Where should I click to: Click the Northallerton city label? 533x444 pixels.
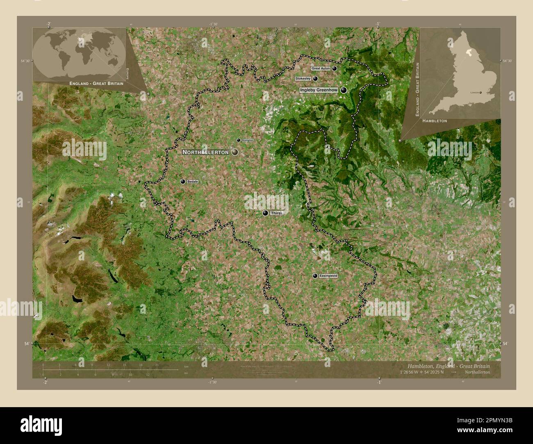pyautogui.click(x=205, y=152)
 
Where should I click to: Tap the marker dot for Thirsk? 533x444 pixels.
pyautogui.click(x=265, y=213)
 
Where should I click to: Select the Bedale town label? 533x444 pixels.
pyautogui.click(x=192, y=181)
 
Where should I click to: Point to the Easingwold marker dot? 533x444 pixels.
pyautogui.click(x=315, y=276)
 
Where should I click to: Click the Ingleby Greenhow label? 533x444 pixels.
pyautogui.click(x=319, y=90)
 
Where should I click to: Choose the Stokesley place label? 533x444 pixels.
pyautogui.click(x=303, y=78)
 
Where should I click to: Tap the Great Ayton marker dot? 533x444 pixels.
pyautogui.click(x=335, y=68)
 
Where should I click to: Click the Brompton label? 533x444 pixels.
pyautogui.click(x=248, y=140)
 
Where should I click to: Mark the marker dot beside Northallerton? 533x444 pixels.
pyautogui.click(x=235, y=152)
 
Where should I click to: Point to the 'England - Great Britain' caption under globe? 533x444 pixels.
pyautogui.click(x=96, y=84)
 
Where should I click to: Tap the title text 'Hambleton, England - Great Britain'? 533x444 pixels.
pyautogui.click(x=448, y=366)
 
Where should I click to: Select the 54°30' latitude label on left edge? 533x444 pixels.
pyautogui.click(x=25, y=61)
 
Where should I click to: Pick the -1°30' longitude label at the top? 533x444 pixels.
pyautogui.click(x=212, y=24)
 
